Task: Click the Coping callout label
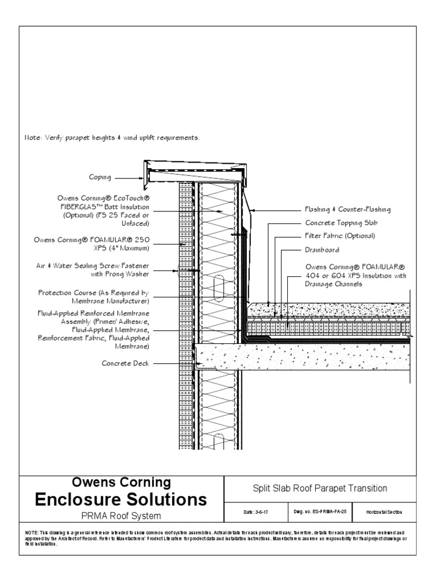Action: [100, 177]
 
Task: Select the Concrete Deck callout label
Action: [125, 363]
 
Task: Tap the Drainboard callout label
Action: [322, 249]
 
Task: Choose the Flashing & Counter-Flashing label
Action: [347, 210]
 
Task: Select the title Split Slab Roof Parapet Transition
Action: [320, 488]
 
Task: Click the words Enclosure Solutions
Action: [121, 500]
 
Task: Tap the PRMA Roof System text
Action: [121, 516]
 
